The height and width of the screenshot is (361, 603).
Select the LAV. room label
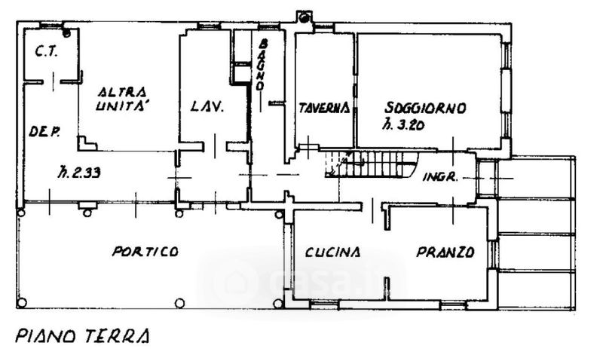pyautogui.click(x=207, y=107)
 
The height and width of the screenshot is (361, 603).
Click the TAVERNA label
pyautogui.click(x=323, y=108)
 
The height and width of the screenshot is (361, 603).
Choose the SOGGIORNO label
pyautogui.click(x=424, y=107)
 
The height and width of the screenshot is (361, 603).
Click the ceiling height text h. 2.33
pyautogui.click(x=79, y=173)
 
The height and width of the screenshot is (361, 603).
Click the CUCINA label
pyautogui.click(x=333, y=252)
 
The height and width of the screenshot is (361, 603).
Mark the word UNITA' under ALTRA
pyautogui.click(x=126, y=107)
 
